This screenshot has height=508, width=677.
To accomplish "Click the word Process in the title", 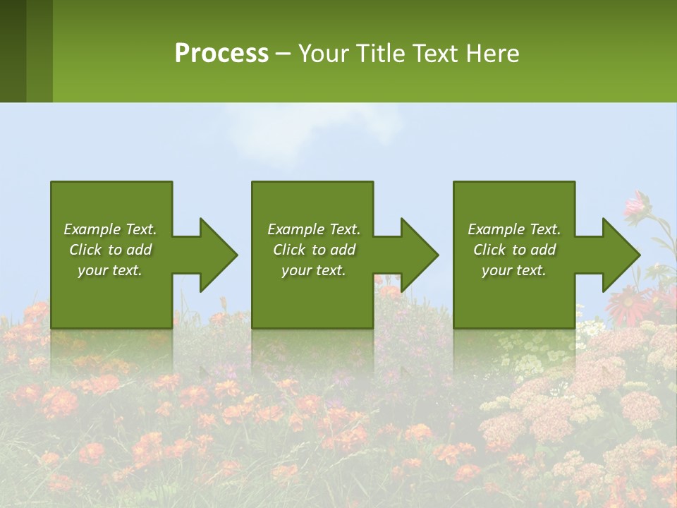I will (x=221, y=54).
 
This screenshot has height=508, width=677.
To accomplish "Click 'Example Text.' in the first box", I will (x=110, y=229).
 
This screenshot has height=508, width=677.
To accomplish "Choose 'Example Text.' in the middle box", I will (x=314, y=229).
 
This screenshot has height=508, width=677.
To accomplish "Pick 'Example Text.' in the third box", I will (x=514, y=229).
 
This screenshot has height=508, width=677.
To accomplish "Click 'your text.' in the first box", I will (x=110, y=270).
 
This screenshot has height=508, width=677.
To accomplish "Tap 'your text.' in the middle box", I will (x=314, y=270).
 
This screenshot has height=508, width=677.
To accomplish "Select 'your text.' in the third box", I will (x=514, y=270).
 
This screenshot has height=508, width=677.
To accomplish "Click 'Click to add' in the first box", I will (x=110, y=250).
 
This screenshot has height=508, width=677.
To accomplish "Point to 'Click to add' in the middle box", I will (x=314, y=250).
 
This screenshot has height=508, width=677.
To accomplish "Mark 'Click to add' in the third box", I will (x=514, y=250).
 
